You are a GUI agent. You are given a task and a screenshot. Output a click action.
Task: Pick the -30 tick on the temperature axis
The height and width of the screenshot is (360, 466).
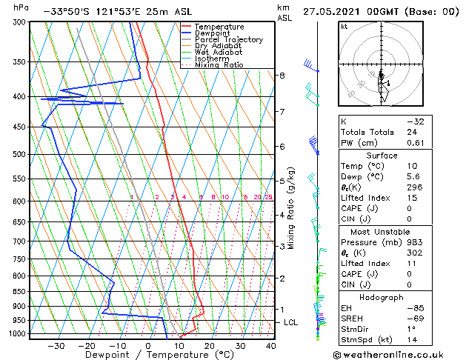pyautogui.click(x=56, y=346)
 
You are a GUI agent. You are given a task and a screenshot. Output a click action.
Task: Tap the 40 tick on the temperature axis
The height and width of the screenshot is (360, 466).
pyautogui.click(x=271, y=346)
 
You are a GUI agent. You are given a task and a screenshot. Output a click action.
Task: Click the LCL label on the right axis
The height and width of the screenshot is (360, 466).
pyautogui.click(x=291, y=322)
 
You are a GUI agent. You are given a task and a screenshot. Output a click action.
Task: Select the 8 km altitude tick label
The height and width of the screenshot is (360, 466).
pyautogui.click(x=282, y=76)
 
